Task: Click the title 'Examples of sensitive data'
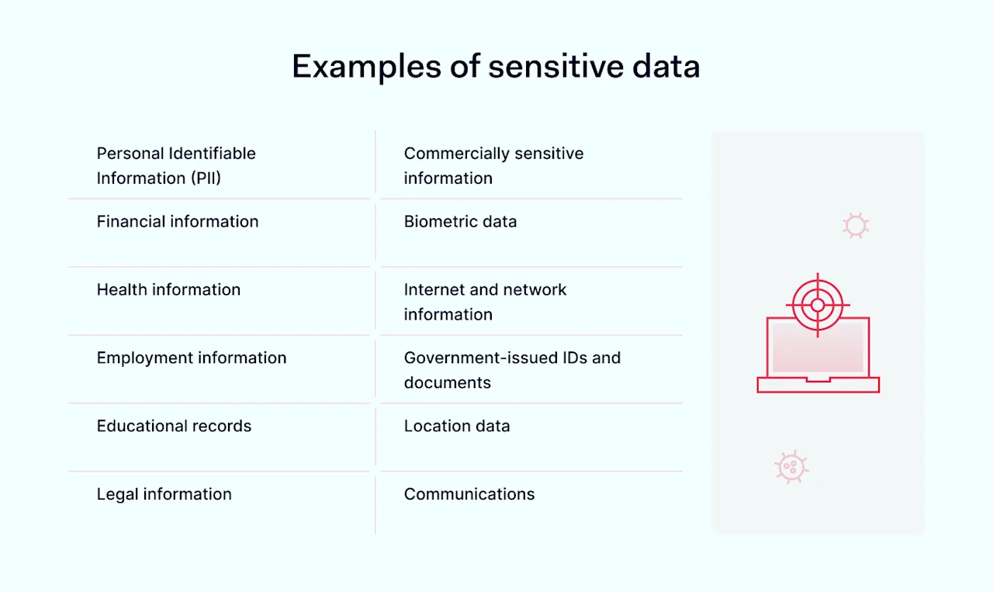[x=496, y=67]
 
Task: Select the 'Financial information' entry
[x=178, y=222]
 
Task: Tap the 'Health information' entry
[x=168, y=290]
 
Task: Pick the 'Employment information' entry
[x=192, y=358]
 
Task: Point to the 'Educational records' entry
[x=174, y=427]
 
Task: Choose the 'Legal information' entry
[x=164, y=495]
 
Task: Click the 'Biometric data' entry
[x=460, y=222]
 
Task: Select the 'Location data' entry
[x=457, y=427]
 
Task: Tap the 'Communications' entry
[x=469, y=495]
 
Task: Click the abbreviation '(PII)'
[x=206, y=178]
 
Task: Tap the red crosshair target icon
[x=818, y=305]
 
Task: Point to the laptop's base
[x=818, y=385]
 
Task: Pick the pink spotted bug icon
[x=791, y=467]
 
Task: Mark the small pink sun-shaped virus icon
[x=856, y=226]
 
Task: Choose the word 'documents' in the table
[x=448, y=383]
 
